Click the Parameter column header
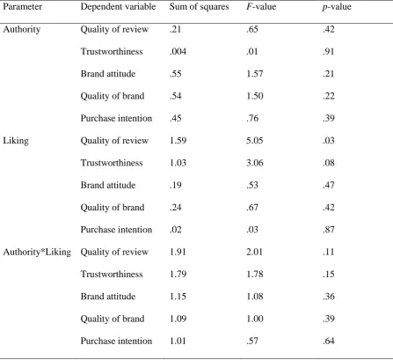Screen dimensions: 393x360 pos(22,7)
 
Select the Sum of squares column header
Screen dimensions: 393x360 pos(199,7)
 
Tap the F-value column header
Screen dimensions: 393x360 pos(261,7)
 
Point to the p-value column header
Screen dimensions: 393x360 pos(337,7)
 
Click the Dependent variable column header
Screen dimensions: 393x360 pos(118,7)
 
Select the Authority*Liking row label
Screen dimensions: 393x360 pos(37,252)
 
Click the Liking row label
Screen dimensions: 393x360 pos(16,141)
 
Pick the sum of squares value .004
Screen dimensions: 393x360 pos(178,51)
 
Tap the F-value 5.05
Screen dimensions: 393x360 pos(255,141)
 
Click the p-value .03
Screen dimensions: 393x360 pos(329,141)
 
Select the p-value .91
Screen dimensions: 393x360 pos(329,51)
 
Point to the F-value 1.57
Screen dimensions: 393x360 pos(255,74)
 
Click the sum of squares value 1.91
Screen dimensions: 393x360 pos(178,252)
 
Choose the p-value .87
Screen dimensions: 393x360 pos(329,230)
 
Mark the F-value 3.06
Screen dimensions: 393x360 pos(255,163)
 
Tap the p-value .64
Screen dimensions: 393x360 pos(329,341)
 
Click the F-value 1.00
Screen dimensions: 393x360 pos(255,319)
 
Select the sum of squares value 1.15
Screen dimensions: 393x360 pos(178,297)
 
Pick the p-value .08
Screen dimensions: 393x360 pos(329,163)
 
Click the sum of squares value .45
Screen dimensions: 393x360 pos(176,118)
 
